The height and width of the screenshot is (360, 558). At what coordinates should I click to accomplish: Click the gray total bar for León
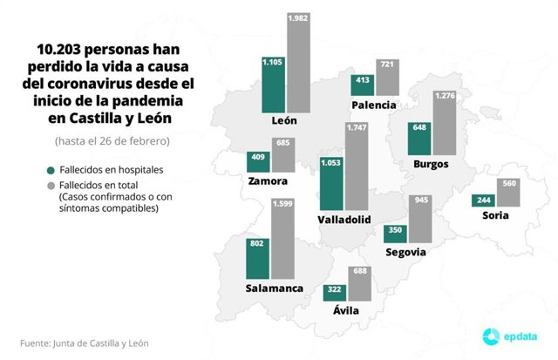[301, 65]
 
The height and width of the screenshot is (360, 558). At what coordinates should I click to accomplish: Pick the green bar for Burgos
[420, 140]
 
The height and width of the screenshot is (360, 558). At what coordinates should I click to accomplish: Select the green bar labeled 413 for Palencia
[362, 85]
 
